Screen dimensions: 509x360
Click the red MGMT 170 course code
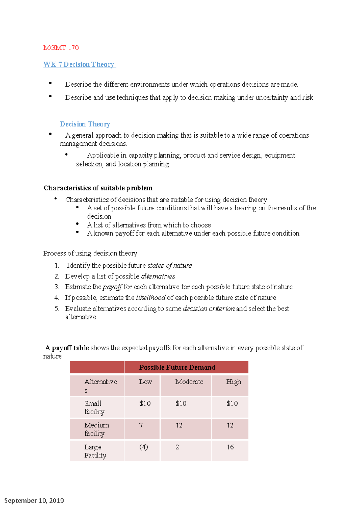(61, 48)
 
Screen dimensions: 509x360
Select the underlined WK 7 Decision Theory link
(79, 64)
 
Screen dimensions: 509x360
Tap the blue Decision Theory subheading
(85, 124)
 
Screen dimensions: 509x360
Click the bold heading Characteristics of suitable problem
(98, 188)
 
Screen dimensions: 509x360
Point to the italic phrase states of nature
(169, 266)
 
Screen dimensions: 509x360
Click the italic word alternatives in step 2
(158, 276)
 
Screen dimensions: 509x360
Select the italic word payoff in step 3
(112, 287)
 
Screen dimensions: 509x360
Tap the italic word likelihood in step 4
(151, 298)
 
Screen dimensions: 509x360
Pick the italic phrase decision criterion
(208, 309)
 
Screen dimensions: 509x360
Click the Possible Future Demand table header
(177, 368)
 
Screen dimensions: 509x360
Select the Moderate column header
(189, 382)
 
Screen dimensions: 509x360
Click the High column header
(233, 382)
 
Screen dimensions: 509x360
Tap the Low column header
(145, 382)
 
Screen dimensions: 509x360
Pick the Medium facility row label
(96, 429)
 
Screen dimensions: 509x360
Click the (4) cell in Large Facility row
(144, 447)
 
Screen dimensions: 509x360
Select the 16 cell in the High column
(230, 447)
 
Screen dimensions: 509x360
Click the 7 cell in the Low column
(141, 425)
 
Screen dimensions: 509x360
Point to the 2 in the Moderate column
(177, 447)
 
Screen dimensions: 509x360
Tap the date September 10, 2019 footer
(34, 501)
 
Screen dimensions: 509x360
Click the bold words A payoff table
(67, 348)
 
